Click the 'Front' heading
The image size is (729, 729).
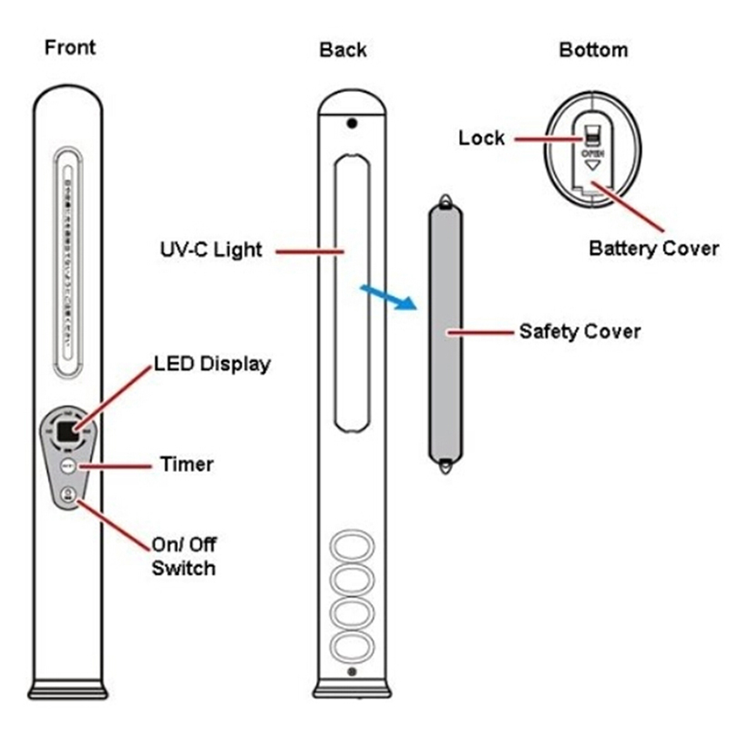[69, 46]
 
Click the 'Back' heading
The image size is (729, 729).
[342, 49]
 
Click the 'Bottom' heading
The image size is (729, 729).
[592, 49]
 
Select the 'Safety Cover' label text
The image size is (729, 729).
[580, 331]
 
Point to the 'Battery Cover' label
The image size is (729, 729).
[653, 248]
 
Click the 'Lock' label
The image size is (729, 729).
[481, 138]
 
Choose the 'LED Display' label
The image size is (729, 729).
[211, 364]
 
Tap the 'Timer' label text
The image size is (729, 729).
[186, 464]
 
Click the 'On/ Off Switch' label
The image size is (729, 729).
[183, 556]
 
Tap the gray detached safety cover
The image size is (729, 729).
[445, 333]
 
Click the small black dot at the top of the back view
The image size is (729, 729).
[351, 122]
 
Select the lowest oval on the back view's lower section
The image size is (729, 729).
[351, 647]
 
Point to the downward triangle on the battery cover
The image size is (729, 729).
[591, 167]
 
